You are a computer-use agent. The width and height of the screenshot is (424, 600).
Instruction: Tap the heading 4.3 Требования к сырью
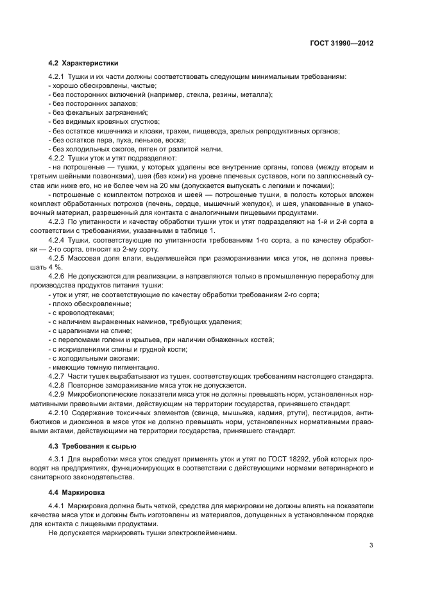pyautogui.click(x=92, y=445)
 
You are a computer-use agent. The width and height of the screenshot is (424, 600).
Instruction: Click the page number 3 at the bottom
pyautogui.click(x=371, y=545)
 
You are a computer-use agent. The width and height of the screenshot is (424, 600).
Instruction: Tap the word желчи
pyautogui.click(x=211, y=148)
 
